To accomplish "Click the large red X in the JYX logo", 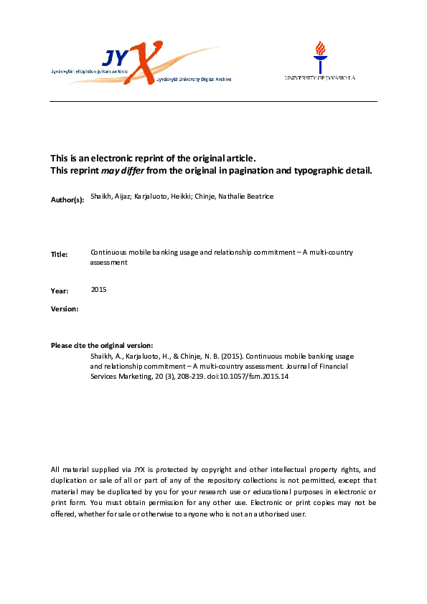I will [146, 63].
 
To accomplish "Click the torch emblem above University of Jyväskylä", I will [319, 55].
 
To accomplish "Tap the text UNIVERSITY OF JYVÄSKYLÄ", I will [320, 77].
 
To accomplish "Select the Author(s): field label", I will [67, 198].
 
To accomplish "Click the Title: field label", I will [60, 255].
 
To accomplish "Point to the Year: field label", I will [60, 291].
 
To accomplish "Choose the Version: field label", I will [65, 308].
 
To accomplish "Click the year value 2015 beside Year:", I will [100, 289].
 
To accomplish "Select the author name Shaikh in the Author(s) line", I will [100, 196].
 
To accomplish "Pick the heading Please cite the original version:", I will [102, 346].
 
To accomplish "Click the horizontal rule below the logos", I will [213, 102].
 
